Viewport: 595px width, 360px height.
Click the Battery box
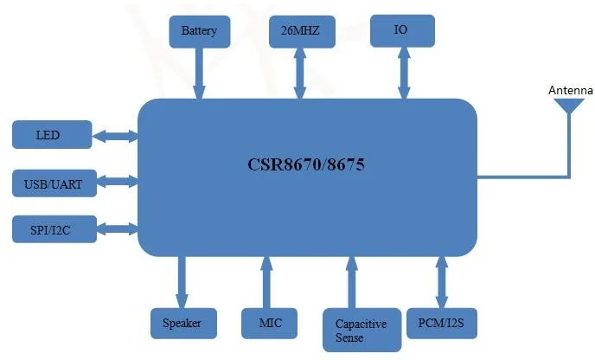tap(198, 32)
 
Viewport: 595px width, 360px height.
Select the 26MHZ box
tap(300, 32)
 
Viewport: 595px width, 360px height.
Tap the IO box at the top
tap(401, 30)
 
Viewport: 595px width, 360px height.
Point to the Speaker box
tap(182, 323)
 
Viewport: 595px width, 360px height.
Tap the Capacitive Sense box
tap(361, 330)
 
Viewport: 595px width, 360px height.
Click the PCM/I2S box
tap(440, 323)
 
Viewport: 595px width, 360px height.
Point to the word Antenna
tap(570, 90)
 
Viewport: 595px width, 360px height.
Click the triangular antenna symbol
tap(569, 106)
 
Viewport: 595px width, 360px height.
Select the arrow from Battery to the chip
tap(199, 73)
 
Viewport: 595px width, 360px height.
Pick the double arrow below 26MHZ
tap(300, 73)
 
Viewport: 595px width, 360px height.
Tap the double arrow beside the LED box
tap(114, 136)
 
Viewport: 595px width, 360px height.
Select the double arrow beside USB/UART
tap(114, 183)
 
